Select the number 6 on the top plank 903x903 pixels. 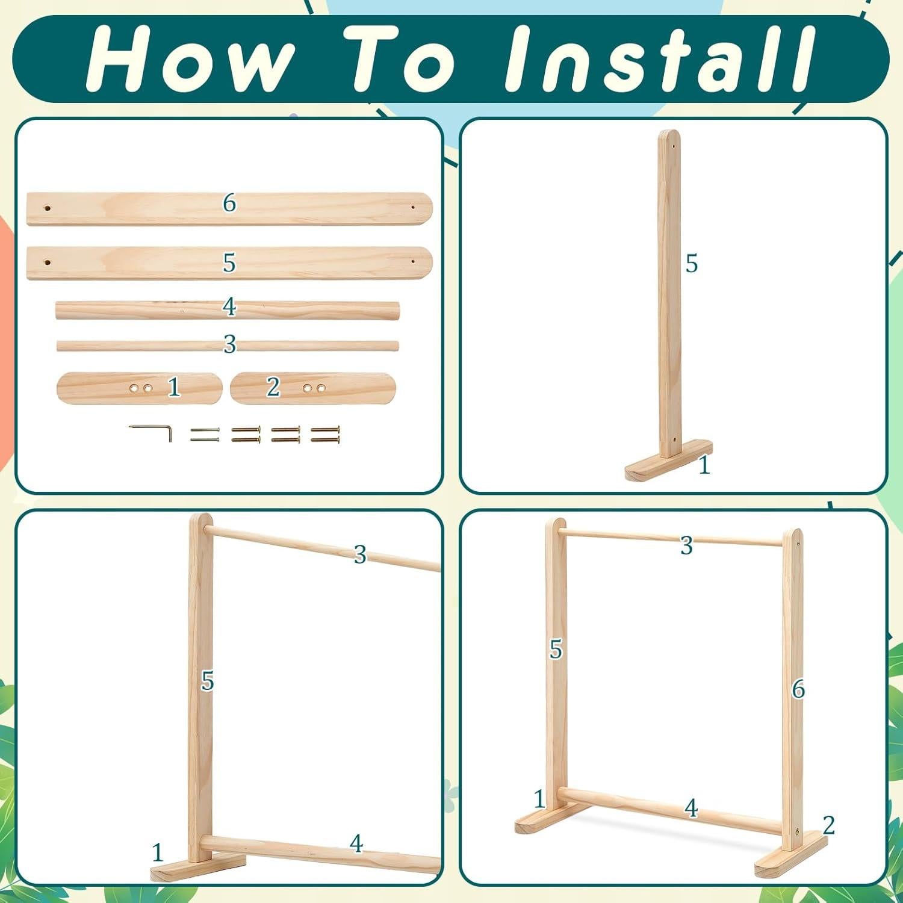click(229, 203)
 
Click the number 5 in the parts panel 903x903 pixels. click(229, 263)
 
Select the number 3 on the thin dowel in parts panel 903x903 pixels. click(229, 344)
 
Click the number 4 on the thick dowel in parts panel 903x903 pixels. click(229, 307)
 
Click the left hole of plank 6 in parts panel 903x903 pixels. click(48, 208)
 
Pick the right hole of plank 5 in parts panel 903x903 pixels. click(413, 262)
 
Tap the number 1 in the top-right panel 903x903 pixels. click(704, 465)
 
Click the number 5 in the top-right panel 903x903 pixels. click(691, 264)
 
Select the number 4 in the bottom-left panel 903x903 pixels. click(356, 844)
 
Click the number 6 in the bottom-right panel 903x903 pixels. click(798, 689)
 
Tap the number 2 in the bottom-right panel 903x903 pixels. click(829, 825)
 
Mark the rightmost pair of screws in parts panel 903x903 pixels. click(326, 435)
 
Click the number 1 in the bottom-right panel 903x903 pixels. click(539, 799)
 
